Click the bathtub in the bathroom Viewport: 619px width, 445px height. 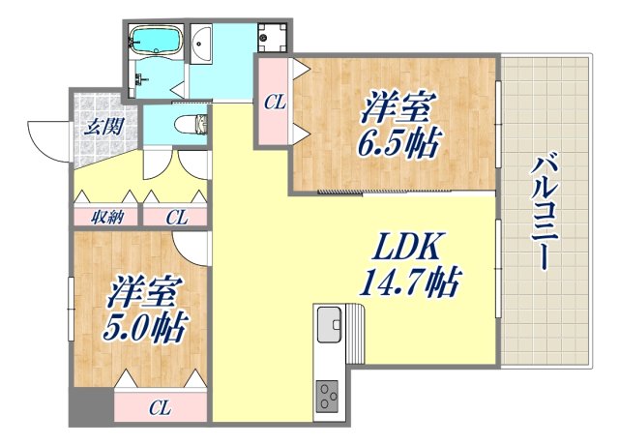(x=157, y=42)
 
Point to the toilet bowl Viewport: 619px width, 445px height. (x=191, y=123)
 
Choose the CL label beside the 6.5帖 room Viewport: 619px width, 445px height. (x=274, y=100)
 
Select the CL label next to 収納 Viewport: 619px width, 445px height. (x=175, y=217)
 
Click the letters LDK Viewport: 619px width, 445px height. (x=405, y=248)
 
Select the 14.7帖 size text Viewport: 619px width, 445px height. (x=408, y=283)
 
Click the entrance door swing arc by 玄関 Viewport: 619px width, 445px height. (x=44, y=135)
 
